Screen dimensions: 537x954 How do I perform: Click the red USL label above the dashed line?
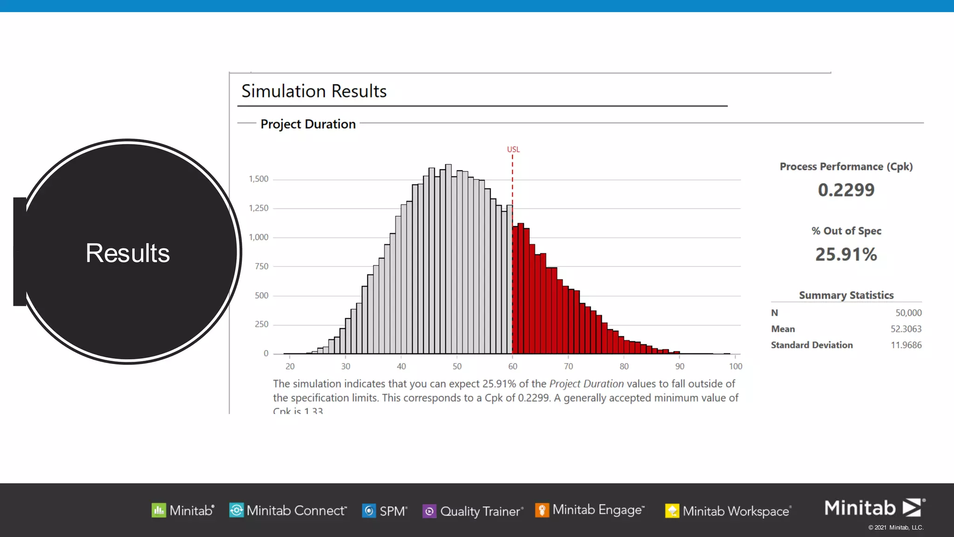coord(513,150)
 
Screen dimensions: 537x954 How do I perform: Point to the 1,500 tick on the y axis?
coord(259,179)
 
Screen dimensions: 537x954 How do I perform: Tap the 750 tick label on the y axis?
coord(261,267)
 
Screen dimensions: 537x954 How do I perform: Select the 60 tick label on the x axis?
coord(512,366)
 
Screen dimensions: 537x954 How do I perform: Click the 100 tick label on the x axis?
coord(736,366)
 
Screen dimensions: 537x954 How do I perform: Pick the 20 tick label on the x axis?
coord(290,366)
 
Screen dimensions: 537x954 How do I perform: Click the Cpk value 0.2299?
coord(846,190)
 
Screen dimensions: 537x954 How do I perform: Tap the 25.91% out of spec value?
coord(846,255)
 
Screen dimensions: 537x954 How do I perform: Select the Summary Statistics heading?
coord(846,296)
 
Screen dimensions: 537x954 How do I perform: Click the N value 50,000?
coord(908,313)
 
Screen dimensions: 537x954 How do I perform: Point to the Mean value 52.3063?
coord(906,329)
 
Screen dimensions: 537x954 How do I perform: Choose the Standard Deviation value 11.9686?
coord(906,345)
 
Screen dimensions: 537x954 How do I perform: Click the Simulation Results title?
coord(314,91)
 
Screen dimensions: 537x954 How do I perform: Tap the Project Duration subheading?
coord(308,124)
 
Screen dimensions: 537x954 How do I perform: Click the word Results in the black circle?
coord(128,253)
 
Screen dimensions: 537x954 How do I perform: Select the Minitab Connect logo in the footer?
coord(236,510)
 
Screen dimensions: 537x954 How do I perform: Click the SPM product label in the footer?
coord(393,511)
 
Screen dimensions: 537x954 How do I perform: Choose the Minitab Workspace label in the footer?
coord(736,511)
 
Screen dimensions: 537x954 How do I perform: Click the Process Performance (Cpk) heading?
coord(846,167)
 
